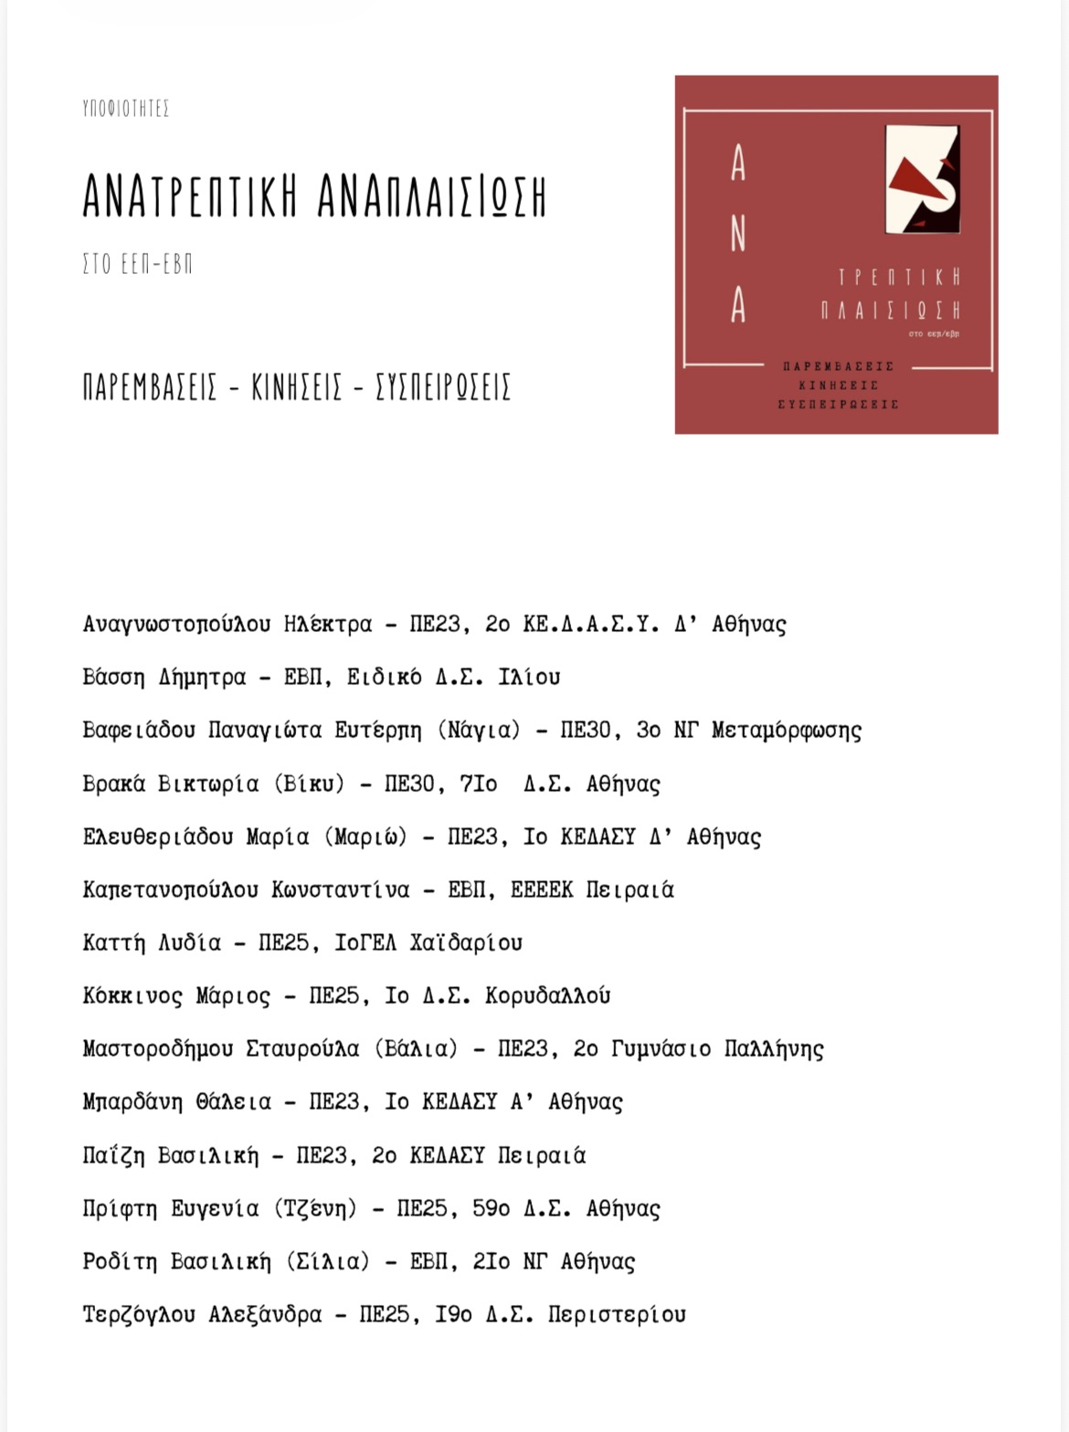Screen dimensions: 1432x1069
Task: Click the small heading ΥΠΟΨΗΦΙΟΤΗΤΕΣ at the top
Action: coord(125,109)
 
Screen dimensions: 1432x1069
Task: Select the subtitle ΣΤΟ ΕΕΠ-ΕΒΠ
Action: coord(137,265)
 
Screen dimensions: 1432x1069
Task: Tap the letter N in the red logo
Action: coord(738,236)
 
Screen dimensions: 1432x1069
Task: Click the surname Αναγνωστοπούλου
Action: coord(176,625)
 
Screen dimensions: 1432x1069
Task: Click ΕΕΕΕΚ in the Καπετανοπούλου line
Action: coord(542,890)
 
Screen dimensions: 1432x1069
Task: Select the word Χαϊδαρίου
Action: coord(466,942)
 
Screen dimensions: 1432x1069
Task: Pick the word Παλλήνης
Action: coord(774,1048)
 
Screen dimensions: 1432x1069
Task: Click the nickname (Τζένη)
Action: coord(315,1208)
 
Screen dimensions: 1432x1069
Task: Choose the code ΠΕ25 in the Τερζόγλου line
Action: coord(384,1314)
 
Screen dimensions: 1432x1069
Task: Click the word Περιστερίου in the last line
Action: coord(617,1314)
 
